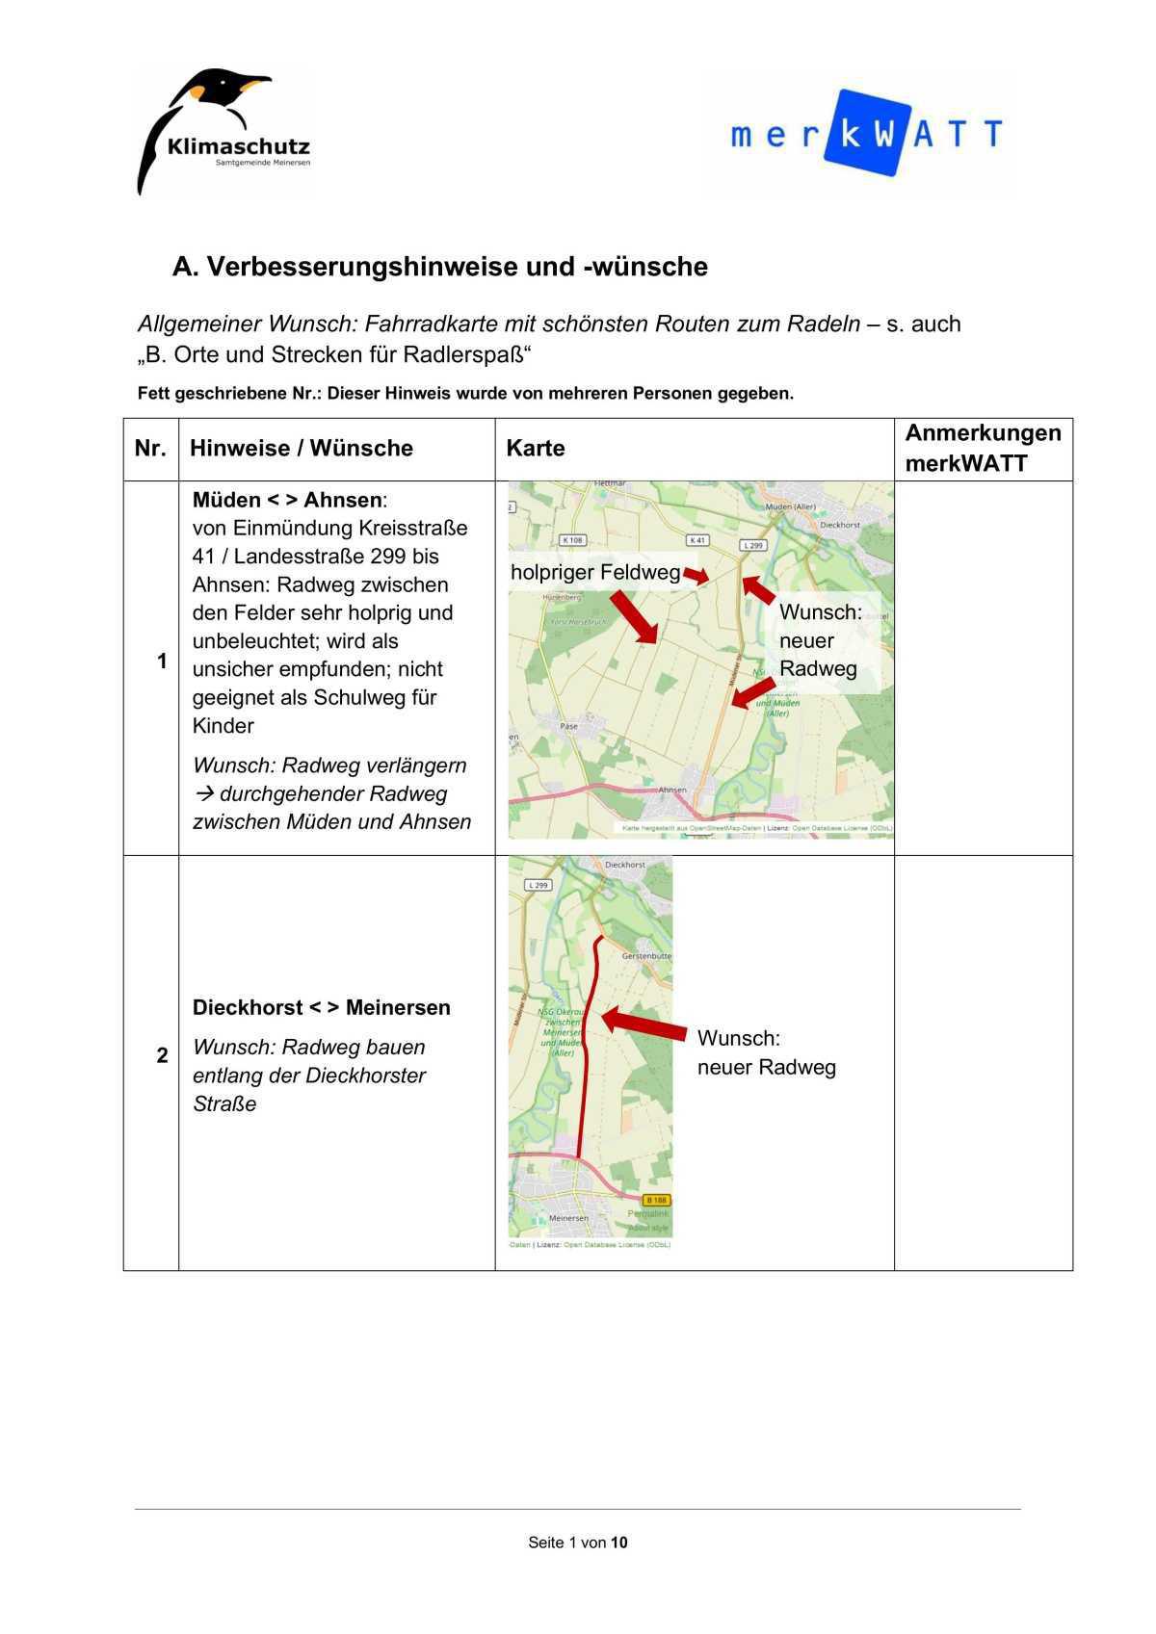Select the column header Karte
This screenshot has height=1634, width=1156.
[x=536, y=449]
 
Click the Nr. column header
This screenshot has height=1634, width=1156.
[x=150, y=449]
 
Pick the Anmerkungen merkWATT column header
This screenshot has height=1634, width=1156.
[x=982, y=448]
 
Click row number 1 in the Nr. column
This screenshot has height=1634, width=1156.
[x=162, y=661]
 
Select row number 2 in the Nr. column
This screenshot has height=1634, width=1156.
[x=162, y=1055]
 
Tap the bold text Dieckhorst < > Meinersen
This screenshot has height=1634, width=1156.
[x=321, y=1007]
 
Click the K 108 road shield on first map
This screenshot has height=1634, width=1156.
[x=573, y=540]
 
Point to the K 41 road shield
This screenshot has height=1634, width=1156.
[x=697, y=540]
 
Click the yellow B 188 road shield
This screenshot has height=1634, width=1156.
[x=656, y=1200]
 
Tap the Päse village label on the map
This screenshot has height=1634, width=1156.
[x=568, y=726]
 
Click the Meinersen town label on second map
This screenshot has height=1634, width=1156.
[x=568, y=1218]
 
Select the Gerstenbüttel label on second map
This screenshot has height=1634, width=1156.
[x=646, y=956]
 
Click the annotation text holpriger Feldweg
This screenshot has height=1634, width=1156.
[x=594, y=573]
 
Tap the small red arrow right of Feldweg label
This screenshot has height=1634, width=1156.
[x=696, y=576]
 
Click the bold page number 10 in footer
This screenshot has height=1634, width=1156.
[x=618, y=1543]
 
